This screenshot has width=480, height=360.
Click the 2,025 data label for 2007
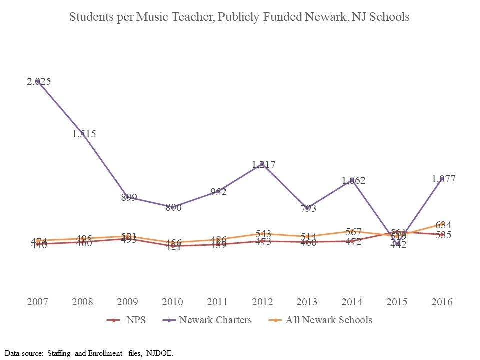(39, 82)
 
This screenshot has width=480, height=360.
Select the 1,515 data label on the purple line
(84, 134)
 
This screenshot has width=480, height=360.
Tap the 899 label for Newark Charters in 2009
(129, 197)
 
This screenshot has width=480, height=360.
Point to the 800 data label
(173, 207)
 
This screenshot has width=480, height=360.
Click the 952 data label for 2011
(218, 192)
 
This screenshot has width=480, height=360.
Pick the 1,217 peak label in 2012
(263, 164)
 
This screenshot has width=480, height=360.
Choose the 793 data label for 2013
(308, 209)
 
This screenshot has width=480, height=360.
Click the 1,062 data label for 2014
(353, 180)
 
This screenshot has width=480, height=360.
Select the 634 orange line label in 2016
(443, 225)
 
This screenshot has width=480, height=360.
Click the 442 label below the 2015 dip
(398, 245)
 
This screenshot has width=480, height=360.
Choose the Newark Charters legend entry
(215, 320)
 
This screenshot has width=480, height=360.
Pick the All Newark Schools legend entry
(329, 320)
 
